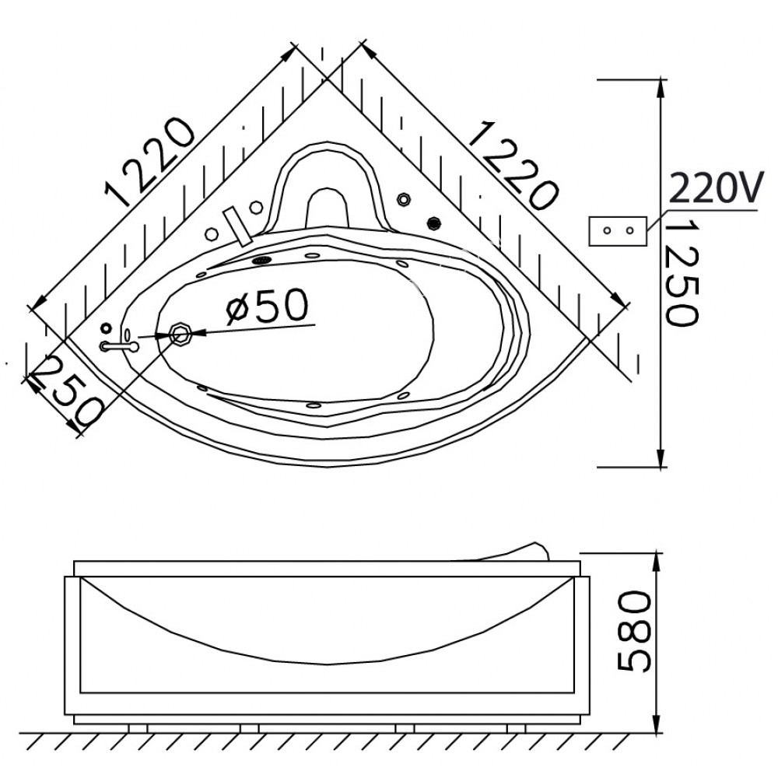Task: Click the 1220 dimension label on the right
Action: [513, 165]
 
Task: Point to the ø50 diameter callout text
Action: [267, 306]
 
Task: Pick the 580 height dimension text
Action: [633, 631]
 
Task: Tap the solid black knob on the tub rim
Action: [434, 223]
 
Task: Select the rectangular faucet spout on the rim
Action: [237, 227]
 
